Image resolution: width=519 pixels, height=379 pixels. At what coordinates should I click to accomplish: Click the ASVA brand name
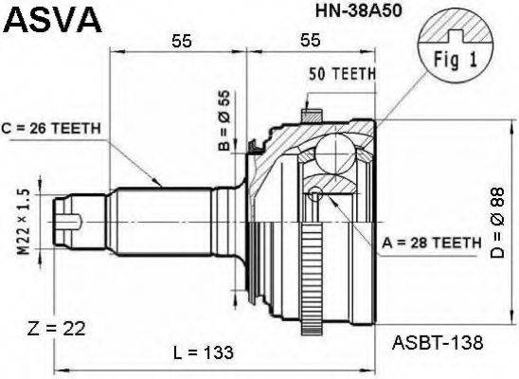tap(42, 17)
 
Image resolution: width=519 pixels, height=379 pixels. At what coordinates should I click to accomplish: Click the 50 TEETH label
tap(343, 73)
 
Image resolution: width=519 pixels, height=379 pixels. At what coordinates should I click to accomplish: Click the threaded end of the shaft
tap(74, 222)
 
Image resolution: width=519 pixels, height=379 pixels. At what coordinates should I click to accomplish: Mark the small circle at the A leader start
tap(315, 194)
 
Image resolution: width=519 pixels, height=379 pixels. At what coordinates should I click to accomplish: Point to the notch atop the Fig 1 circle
tap(461, 32)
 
